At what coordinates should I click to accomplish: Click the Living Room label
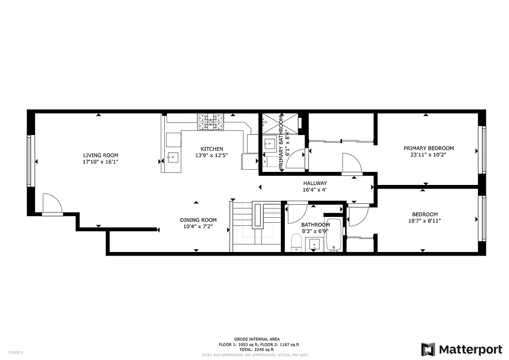[x=100, y=155]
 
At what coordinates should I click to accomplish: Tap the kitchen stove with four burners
[x=210, y=122]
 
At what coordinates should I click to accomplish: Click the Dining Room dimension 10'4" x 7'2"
[x=198, y=226]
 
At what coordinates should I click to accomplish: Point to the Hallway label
[x=315, y=183]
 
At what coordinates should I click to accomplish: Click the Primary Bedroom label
[x=428, y=148]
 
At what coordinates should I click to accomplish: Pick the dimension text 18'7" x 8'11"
[x=424, y=220]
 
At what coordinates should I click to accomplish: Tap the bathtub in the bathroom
[x=333, y=235]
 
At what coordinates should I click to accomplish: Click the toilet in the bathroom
[x=296, y=244]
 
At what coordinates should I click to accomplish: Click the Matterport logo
[x=461, y=349]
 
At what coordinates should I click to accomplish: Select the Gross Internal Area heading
[x=257, y=339]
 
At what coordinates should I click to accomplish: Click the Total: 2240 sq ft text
[x=257, y=350]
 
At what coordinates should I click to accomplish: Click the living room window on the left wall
[x=30, y=160]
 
